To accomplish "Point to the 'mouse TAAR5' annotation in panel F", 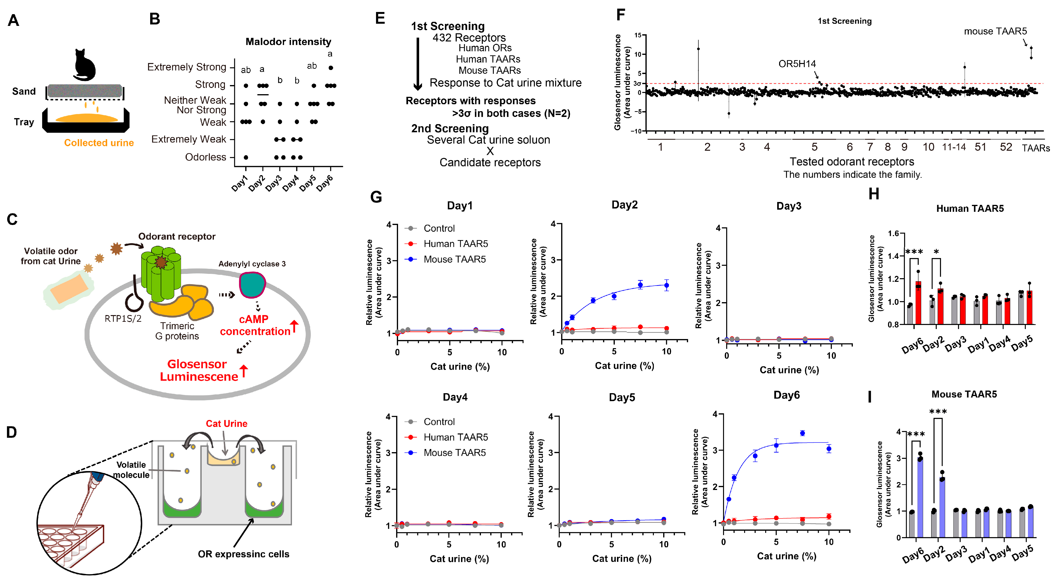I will (x=995, y=31).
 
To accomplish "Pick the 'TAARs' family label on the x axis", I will (x=1035, y=148).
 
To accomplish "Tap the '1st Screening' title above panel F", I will (x=844, y=21).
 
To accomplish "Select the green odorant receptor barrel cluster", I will (x=161, y=273).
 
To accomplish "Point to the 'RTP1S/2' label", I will (x=123, y=318).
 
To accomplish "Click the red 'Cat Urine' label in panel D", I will (x=227, y=423).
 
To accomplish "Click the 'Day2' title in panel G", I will (x=624, y=205).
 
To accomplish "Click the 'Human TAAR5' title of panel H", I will (x=970, y=209).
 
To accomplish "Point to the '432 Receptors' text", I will (x=469, y=38).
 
